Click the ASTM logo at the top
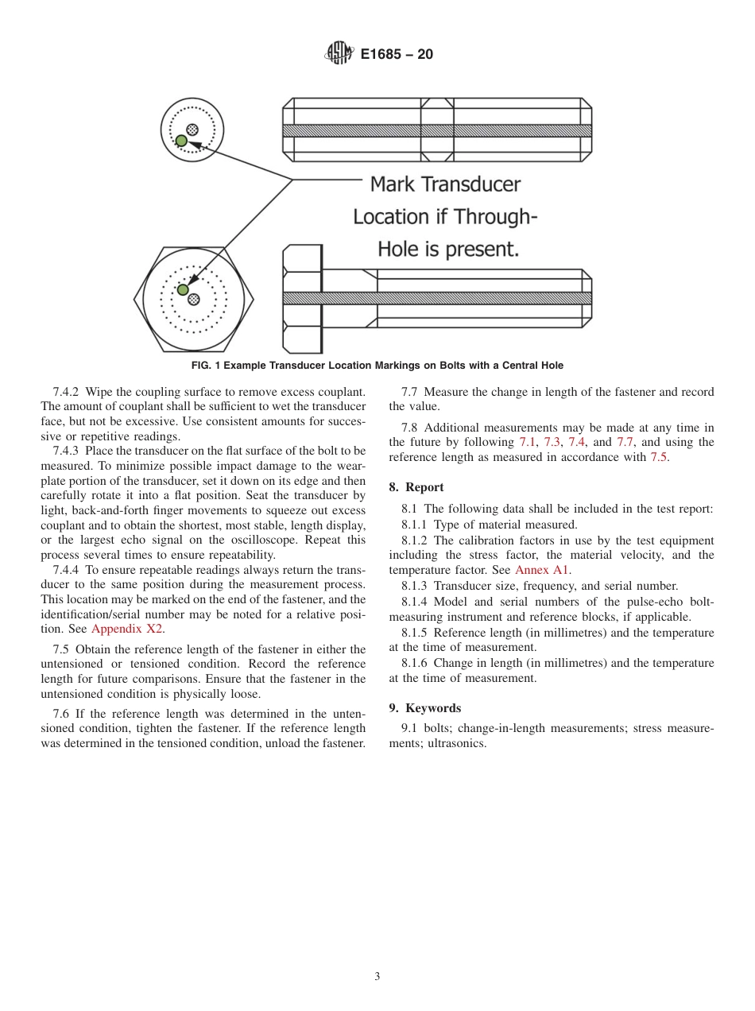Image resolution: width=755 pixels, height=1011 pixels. point(338,54)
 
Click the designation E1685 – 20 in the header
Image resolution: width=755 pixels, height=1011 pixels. point(397,55)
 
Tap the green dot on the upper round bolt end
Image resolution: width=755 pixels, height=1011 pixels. point(181,141)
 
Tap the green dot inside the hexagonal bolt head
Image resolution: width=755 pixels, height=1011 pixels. point(183,289)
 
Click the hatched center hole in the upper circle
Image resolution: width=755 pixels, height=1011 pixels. point(192,130)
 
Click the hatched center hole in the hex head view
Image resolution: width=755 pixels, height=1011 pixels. point(193,300)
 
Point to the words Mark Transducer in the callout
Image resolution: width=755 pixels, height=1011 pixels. point(445,184)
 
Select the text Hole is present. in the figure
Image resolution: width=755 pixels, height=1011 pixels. point(448,250)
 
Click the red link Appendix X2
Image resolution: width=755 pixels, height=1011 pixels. point(128,629)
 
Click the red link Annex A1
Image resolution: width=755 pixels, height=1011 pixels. point(542,570)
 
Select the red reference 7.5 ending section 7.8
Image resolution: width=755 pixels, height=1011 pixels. point(659,457)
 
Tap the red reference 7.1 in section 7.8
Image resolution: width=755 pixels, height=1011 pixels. point(527,442)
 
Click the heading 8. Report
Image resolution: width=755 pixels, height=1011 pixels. point(416,487)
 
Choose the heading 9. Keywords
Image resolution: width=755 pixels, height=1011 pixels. point(424,708)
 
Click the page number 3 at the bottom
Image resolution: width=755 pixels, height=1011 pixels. point(377,977)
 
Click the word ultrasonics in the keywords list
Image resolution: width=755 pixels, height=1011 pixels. point(456,744)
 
